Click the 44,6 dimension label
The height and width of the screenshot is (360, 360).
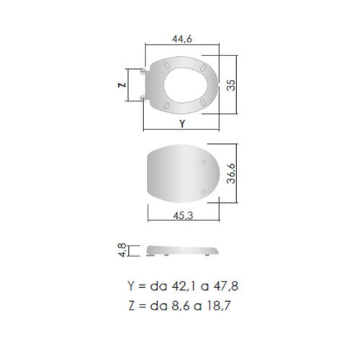pyautogui.click(x=182, y=39)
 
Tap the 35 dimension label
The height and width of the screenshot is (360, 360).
pyautogui.click(x=231, y=85)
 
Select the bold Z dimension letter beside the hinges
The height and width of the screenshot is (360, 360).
pyautogui.click(x=122, y=85)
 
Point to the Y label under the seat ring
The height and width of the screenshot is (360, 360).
pyautogui.click(x=182, y=124)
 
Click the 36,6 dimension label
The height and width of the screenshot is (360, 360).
pyautogui.click(x=231, y=174)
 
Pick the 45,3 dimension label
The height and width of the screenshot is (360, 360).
pyautogui.click(x=183, y=215)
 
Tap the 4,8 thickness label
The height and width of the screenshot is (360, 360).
pyautogui.click(x=122, y=250)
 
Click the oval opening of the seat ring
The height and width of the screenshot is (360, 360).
pyautogui.click(x=186, y=85)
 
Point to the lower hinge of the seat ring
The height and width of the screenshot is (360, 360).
pyautogui.click(x=143, y=97)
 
